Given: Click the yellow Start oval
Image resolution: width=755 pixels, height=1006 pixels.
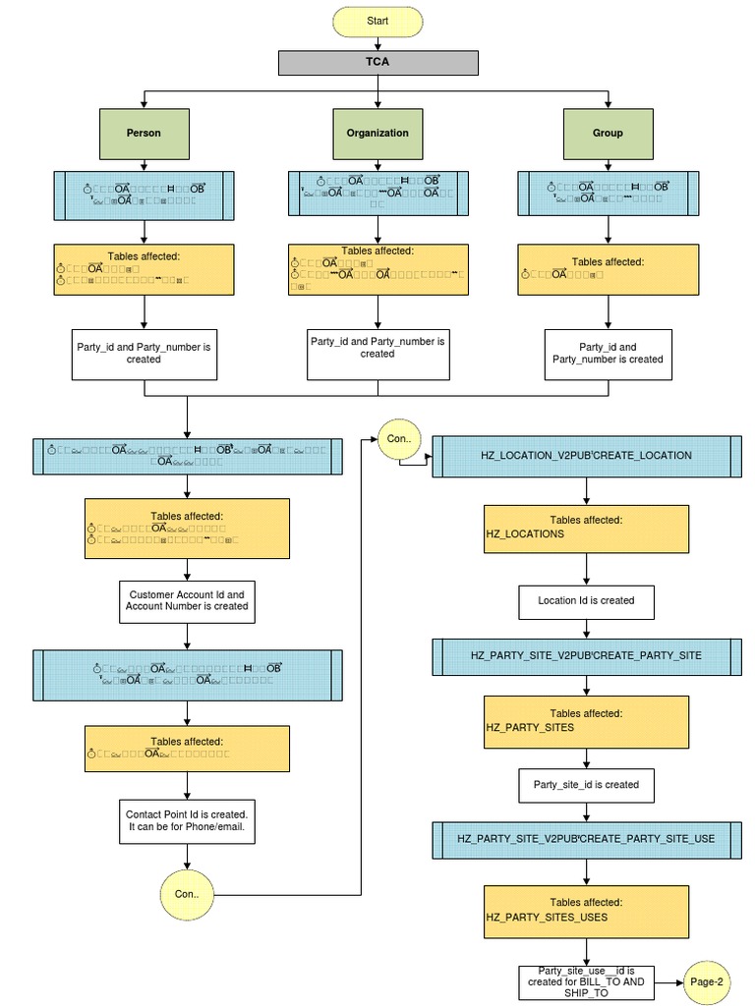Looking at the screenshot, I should point(377,21).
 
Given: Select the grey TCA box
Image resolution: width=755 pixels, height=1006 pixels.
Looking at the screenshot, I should point(377,62).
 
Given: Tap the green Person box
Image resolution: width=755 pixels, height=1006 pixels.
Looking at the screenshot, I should point(145,133).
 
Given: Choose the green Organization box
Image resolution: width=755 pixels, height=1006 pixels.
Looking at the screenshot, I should point(377,133).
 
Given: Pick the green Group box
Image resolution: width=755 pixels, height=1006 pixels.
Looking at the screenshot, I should point(608,133).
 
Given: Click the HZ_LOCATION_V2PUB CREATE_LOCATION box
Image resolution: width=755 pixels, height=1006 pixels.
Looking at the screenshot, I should point(587,456).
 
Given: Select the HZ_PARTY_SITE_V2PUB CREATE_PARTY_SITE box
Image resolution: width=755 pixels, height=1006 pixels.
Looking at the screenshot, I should point(587,654).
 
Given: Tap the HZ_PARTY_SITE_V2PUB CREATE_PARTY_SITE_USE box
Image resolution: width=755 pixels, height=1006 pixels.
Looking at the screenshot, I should point(587,839).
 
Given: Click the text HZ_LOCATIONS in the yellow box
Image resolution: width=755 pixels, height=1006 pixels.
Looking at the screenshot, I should point(525,533).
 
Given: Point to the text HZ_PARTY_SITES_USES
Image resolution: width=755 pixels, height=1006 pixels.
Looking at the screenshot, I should point(547,918).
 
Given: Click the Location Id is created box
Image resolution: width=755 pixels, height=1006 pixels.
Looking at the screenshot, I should point(587,600).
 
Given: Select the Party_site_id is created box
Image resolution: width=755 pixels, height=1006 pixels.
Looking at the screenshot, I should point(587,785).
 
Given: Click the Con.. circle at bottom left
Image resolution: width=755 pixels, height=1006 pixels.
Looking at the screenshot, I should point(187,894).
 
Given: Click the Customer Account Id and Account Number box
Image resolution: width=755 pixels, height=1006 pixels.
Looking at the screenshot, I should point(187,600).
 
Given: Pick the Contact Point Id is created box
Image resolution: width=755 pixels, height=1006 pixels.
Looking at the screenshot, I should point(187,821).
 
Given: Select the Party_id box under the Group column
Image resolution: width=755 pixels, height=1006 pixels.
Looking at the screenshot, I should point(608,354).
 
